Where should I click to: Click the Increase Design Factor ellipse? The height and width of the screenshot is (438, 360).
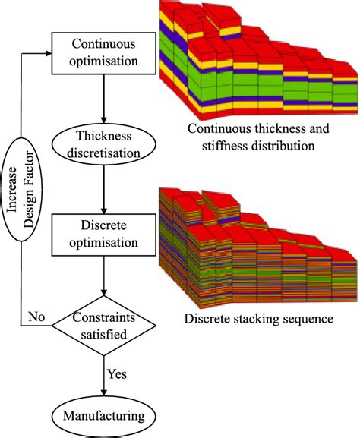tap(24, 190)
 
